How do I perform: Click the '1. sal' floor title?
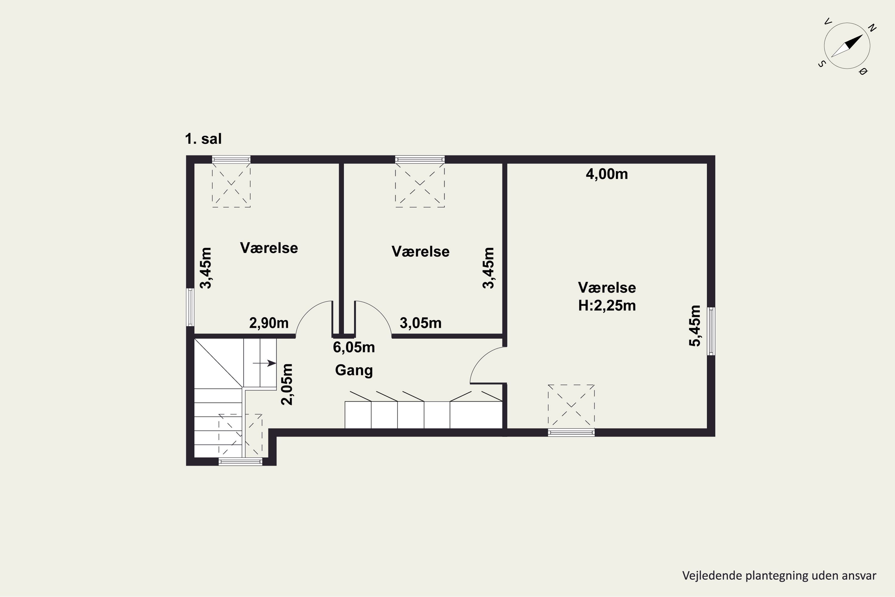(203, 139)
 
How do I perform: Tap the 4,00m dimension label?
(607, 174)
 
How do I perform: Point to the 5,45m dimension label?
(695, 326)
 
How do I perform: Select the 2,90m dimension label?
(269, 323)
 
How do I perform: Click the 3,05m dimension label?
(420, 323)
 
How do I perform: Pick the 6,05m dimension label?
(354, 347)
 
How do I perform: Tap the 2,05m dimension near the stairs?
(287, 384)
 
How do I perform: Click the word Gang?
(354, 370)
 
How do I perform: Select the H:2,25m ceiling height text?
(607, 306)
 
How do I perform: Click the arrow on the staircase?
(264, 363)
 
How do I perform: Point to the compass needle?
(847, 46)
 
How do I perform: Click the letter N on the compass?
(873, 28)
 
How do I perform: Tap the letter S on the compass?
(822, 64)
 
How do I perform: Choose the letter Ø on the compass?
(863, 71)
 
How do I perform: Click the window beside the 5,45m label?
(711, 331)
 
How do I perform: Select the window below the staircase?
(240, 461)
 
